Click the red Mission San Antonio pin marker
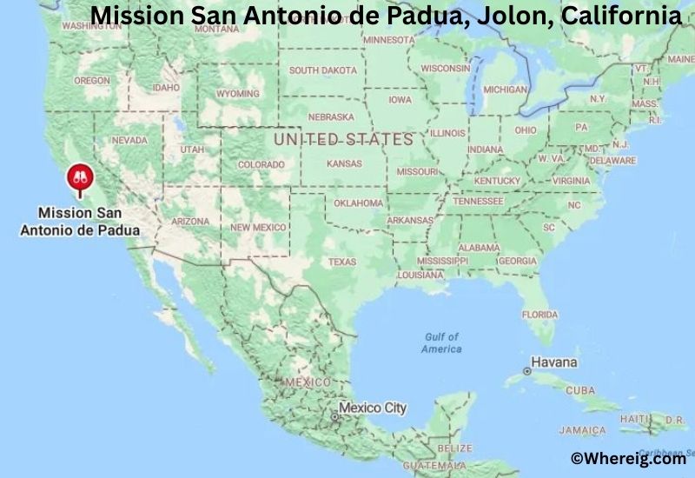pos(79,178)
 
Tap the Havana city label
pos(553,361)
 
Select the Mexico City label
pos(372,408)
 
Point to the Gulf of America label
pos(441,342)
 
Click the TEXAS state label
pos(341,262)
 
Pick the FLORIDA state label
pos(539,314)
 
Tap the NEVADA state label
pos(129,140)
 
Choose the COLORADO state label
pos(261,164)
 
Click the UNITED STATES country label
pos(343,139)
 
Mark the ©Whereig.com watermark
pos(627,458)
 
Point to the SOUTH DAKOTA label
pos(322,70)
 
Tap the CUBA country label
pos(579,390)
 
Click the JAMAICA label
pos(583,430)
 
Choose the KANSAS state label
pos(344,163)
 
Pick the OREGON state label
pos(92,81)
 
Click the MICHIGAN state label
pos(505,90)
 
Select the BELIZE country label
pos(455,448)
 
